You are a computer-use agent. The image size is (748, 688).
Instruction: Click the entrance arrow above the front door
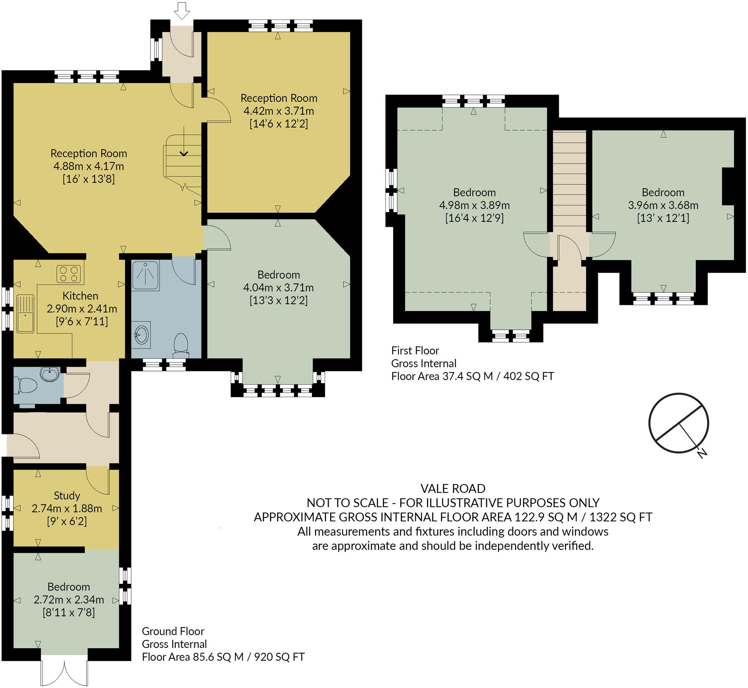tap(182, 11)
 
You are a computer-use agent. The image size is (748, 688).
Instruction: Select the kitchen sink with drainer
tap(25, 314)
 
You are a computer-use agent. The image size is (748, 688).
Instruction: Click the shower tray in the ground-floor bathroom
tap(145, 275)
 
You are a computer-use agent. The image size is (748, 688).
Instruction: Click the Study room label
tap(67, 495)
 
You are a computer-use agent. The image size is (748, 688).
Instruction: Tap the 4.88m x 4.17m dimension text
tap(89, 166)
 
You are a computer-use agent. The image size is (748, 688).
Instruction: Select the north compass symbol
tap(678, 423)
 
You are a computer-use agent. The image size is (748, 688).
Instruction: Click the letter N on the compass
tap(702, 454)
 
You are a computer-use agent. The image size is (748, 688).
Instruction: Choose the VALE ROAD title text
tap(453, 488)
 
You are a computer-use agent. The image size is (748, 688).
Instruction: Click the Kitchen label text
tap(80, 296)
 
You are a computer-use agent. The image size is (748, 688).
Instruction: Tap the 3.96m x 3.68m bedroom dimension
tap(663, 205)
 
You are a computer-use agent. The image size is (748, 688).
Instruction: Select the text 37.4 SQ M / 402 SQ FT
tap(498, 376)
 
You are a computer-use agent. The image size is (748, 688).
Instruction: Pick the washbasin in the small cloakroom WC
tap(50, 374)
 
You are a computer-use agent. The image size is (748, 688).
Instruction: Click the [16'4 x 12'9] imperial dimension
tap(474, 218)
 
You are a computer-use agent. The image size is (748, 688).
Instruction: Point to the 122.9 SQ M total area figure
tap(546, 517)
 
